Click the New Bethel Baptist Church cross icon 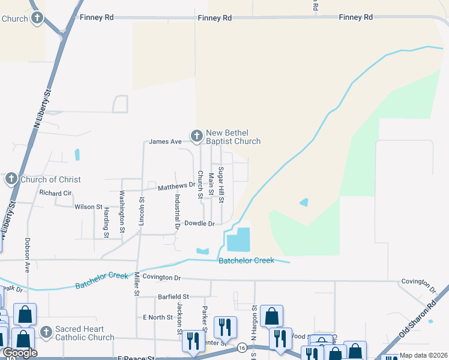point(196,137)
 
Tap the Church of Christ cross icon point(11,179)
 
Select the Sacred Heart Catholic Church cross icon point(46,332)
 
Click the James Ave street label point(165,142)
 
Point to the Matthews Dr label point(176,187)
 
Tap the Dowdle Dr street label point(199,223)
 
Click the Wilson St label point(88,206)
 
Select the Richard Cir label point(55,193)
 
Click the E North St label point(158,317)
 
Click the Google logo point(20,353)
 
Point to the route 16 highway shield point(241,348)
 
